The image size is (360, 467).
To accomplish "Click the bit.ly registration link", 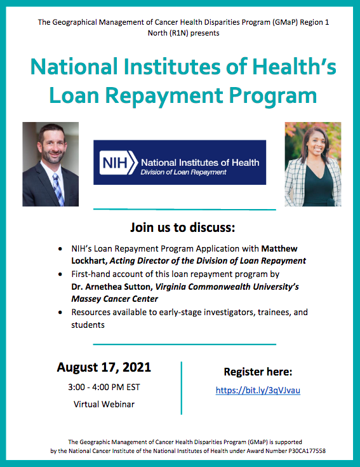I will coord(258,390).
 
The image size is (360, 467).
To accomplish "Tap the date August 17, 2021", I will coord(104,367).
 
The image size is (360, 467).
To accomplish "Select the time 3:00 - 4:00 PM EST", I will coord(104,386).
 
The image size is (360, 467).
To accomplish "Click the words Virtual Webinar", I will coord(104,403).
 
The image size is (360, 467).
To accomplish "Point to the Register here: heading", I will coord(258,372).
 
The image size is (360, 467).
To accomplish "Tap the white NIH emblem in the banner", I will coord(118,163).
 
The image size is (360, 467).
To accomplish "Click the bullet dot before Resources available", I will coord(60,313).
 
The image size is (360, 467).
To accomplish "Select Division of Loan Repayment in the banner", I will coord(184,172).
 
